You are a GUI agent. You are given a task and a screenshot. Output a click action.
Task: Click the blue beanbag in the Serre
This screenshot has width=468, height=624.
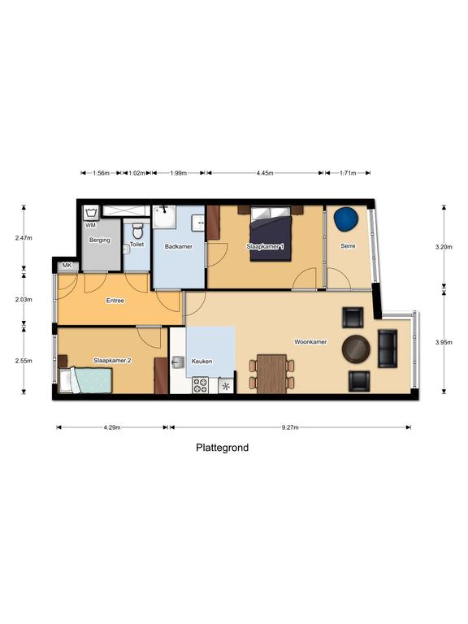(x=346, y=219)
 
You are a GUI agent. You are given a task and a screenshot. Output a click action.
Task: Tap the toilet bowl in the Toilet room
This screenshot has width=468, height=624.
(x=137, y=231)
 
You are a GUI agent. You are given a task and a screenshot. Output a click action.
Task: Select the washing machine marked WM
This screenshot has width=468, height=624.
(x=91, y=213)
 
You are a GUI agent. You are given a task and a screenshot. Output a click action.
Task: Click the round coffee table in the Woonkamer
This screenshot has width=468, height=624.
(x=356, y=349)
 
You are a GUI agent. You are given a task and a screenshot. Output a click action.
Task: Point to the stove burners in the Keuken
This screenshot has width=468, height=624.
(x=200, y=385)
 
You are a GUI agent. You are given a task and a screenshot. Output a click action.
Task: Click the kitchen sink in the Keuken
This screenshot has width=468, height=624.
(x=177, y=362)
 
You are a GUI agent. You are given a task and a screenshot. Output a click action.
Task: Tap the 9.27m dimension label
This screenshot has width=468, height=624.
(x=290, y=427)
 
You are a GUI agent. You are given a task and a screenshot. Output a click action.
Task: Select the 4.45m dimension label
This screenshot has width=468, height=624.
(x=265, y=173)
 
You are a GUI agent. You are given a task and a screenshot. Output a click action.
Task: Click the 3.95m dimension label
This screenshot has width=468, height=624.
(x=444, y=342)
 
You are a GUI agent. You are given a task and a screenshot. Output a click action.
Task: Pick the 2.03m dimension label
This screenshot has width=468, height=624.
(x=24, y=299)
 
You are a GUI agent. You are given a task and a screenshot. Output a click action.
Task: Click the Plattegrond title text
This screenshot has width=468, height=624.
(x=222, y=448)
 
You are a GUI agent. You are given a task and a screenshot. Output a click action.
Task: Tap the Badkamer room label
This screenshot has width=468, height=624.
(x=179, y=246)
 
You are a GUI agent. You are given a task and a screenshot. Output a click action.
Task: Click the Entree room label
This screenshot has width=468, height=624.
(x=115, y=301)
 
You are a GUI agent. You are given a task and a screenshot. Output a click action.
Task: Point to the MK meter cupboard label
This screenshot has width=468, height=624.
(x=67, y=265)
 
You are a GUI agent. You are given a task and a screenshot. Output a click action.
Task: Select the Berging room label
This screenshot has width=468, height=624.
(x=99, y=240)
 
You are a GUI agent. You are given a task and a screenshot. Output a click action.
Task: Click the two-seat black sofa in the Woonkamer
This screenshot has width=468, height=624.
(x=388, y=349)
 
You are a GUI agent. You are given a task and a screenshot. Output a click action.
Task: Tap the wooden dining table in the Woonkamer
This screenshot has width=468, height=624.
(x=271, y=374)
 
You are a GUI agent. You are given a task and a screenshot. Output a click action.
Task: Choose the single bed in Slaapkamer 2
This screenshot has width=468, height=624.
(x=86, y=380)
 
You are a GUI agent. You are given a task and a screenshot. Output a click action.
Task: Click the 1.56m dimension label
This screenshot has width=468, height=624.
(x=101, y=173)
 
